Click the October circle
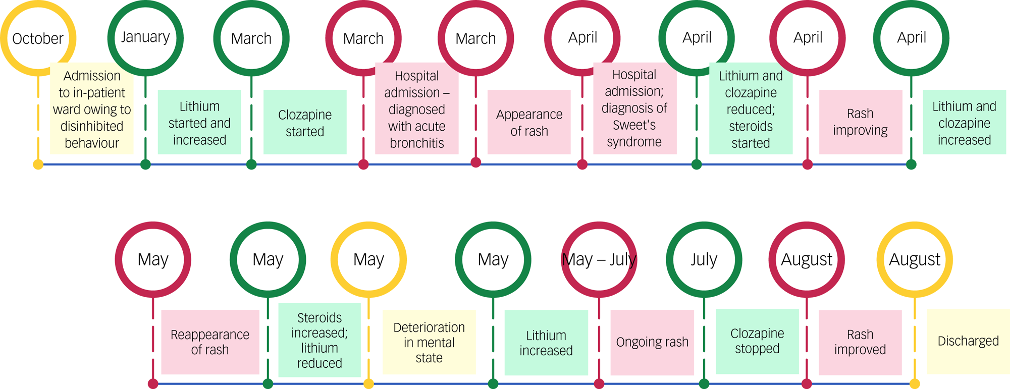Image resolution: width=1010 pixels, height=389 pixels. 38,38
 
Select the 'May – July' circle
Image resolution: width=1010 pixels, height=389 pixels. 599,259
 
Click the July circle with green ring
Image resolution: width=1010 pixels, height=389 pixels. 704,259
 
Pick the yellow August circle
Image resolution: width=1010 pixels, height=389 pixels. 914,259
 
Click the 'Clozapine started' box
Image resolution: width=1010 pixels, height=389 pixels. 305,122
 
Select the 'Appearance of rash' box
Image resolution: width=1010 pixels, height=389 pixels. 529,122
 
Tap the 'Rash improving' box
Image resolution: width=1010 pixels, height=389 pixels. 860,122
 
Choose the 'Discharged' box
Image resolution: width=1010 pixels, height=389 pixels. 968,342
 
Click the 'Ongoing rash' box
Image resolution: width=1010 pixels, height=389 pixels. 652,342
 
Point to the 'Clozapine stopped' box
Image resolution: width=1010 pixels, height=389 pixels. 757,341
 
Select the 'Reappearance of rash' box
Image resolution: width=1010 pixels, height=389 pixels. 210,342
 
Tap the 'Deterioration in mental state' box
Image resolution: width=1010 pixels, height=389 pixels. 429,342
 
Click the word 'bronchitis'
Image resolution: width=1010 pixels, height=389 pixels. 417,143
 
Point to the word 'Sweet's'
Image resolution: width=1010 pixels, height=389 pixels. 634,125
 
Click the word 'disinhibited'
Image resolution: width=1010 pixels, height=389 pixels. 92,126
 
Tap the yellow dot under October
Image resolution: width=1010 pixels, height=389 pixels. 38,164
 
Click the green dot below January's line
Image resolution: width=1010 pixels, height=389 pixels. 145,164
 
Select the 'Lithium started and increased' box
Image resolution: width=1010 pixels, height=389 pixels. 199,122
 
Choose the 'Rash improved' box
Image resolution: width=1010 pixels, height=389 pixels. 860,342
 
